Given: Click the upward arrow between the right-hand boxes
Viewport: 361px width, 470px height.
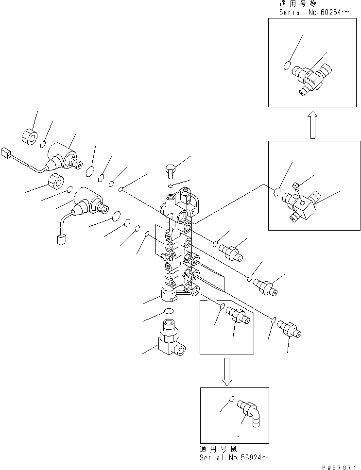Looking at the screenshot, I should (x=313, y=124).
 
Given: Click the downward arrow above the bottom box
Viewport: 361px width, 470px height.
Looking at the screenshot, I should (x=226, y=371).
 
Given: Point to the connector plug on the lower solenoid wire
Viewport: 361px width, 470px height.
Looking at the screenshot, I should (x=61, y=239).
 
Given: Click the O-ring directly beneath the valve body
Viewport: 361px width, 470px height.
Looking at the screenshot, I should (x=168, y=311).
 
